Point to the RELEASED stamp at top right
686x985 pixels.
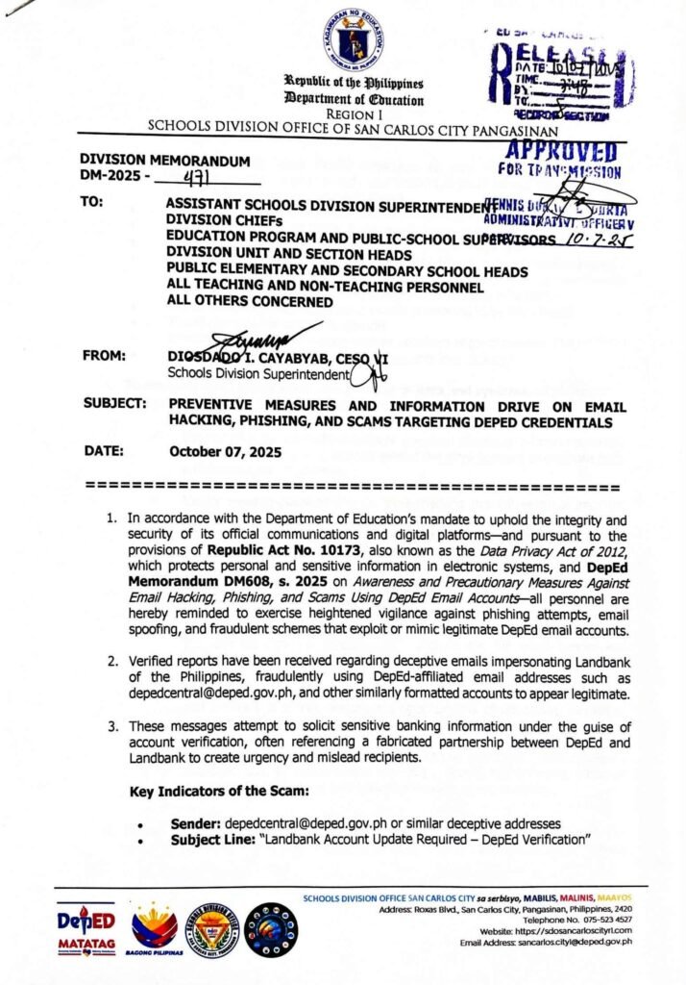coord(557,76)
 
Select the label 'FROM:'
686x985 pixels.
coord(107,355)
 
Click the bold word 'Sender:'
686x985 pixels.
coord(196,824)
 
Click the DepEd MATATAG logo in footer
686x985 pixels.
coord(85,928)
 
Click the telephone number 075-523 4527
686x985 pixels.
coord(598,919)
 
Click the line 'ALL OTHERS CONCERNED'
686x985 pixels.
coord(250,301)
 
